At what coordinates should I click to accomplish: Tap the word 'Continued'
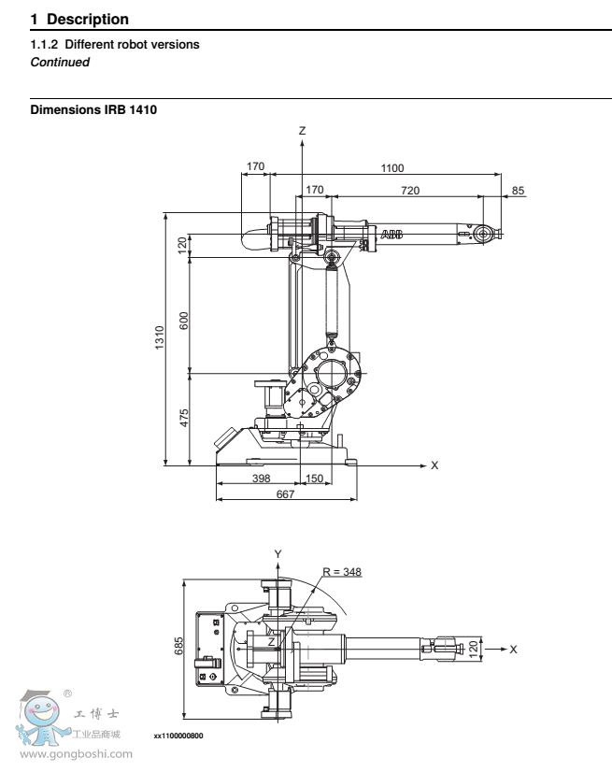tap(61, 62)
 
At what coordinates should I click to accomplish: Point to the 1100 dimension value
tap(392, 167)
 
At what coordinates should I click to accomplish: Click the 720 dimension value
tap(410, 190)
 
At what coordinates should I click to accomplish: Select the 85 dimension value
tap(519, 190)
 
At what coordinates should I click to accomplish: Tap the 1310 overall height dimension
tap(160, 337)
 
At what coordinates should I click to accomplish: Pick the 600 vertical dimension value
tap(184, 319)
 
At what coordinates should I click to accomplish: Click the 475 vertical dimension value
tap(184, 417)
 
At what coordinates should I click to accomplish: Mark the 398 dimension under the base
tap(262, 478)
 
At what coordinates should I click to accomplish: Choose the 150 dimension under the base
tap(315, 478)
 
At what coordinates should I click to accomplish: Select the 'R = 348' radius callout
tap(342, 571)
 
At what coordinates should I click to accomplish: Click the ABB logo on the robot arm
tap(391, 234)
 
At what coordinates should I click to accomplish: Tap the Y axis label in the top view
tap(278, 553)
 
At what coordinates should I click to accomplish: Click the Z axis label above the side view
tap(302, 131)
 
